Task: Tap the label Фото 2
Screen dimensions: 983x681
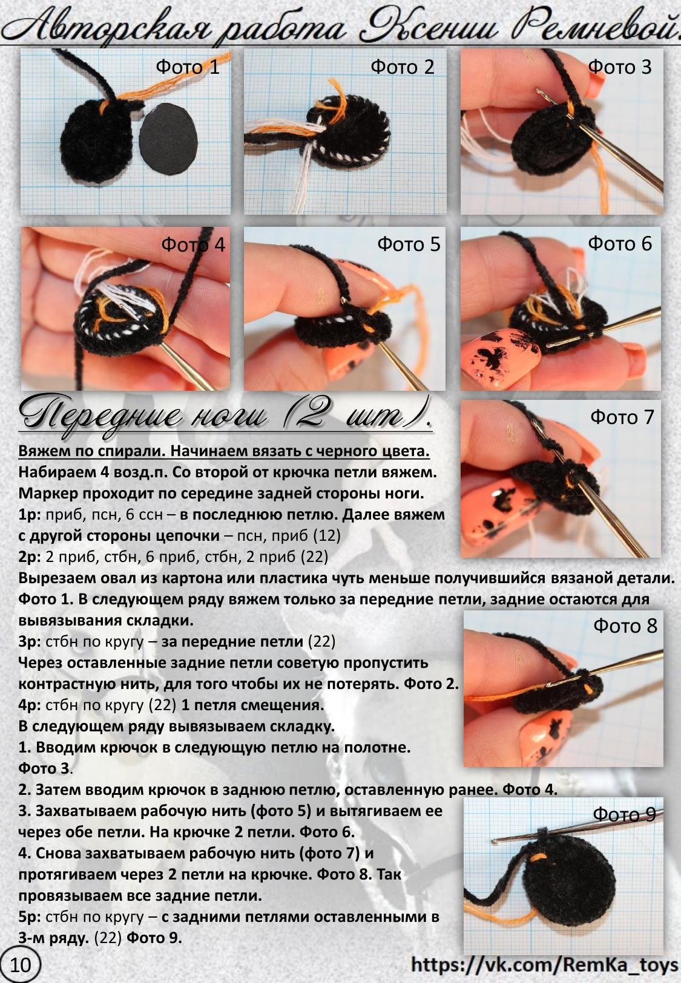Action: tap(403, 67)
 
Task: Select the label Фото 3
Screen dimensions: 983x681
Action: tap(620, 67)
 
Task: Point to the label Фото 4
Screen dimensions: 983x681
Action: tap(192, 244)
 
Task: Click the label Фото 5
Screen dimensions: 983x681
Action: tap(409, 244)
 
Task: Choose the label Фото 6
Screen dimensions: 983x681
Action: tap(620, 243)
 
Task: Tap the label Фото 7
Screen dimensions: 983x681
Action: tap(622, 417)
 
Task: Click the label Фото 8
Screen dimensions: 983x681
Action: tap(625, 625)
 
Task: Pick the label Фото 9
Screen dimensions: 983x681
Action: tap(624, 814)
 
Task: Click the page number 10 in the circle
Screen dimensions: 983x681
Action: tap(20, 965)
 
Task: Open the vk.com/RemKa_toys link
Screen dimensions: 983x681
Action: tap(544, 965)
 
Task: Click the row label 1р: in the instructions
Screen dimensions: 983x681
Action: tap(30, 515)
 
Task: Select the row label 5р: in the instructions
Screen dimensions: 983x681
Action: tap(30, 916)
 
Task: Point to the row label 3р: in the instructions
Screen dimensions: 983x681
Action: tap(30, 641)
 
